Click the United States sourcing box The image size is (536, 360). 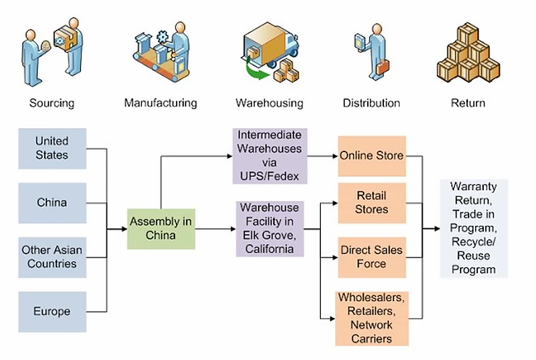pyautogui.click(x=52, y=148)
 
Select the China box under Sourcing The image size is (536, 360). pyautogui.click(x=52, y=203)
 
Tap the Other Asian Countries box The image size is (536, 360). pyautogui.click(x=52, y=257)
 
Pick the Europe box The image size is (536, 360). pyautogui.click(x=52, y=311)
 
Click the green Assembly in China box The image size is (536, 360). pyautogui.click(x=161, y=229)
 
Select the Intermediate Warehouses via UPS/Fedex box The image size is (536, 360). pyautogui.click(x=269, y=156)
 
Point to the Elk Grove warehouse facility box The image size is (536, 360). pyautogui.click(x=269, y=229)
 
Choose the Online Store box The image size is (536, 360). pyautogui.click(x=372, y=156)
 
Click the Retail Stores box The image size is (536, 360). pyautogui.click(x=372, y=203)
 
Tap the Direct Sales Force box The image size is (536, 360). pyautogui.click(x=372, y=257)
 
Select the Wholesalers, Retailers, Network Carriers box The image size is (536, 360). pyautogui.click(x=372, y=318)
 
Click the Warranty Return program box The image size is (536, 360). pyautogui.click(x=474, y=228)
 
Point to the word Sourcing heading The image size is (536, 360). pyautogui.click(x=52, y=103)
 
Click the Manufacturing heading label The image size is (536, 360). pyautogui.click(x=161, y=103)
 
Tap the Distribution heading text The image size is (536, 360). pyautogui.click(x=372, y=103)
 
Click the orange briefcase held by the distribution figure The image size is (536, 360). pyautogui.click(x=383, y=67)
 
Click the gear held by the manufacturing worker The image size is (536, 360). pyautogui.click(x=163, y=37)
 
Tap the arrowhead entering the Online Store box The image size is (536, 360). pyautogui.click(x=335, y=156)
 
